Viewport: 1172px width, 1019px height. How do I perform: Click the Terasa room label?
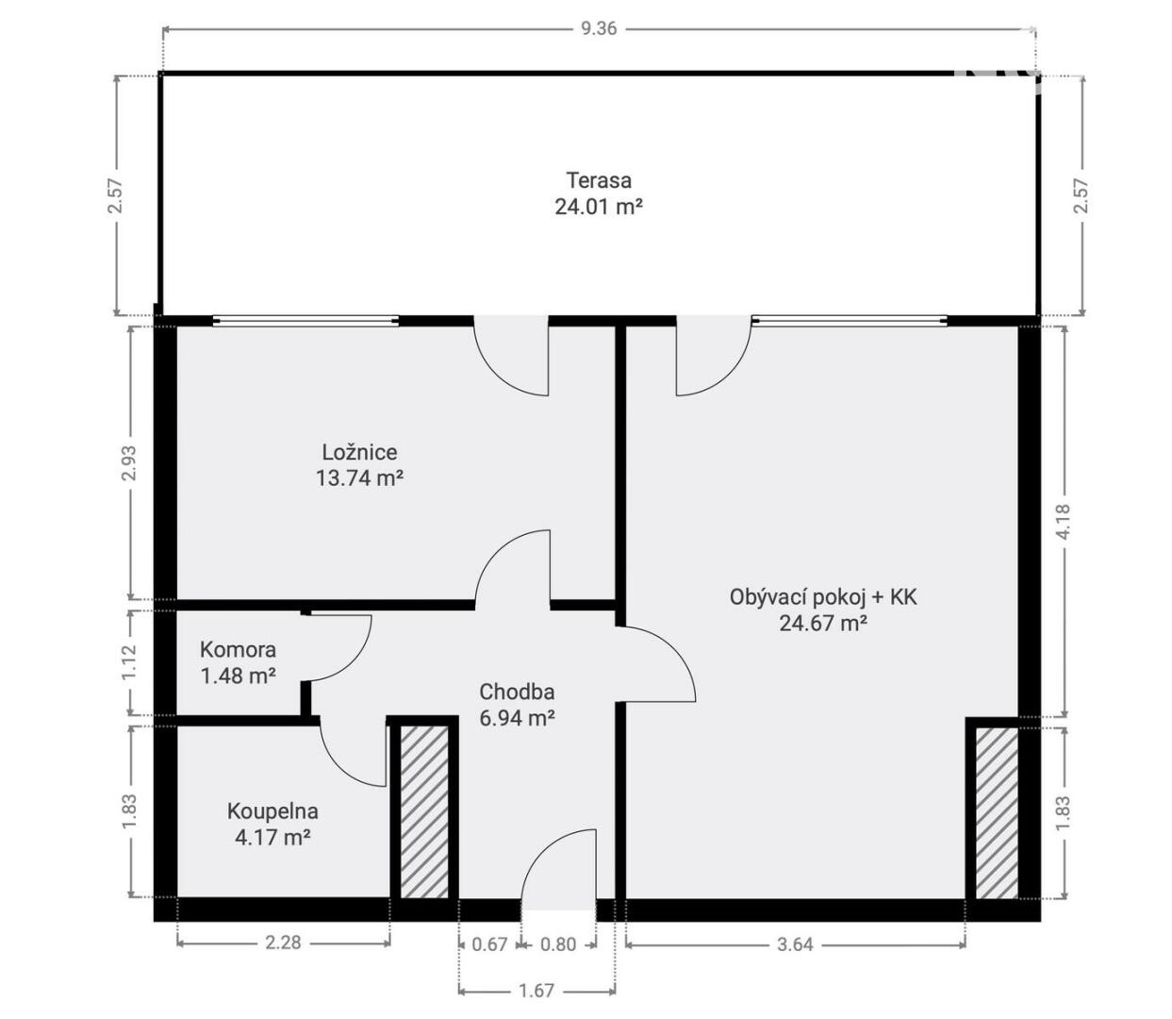[599, 180]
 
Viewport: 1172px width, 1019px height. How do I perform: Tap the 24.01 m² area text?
[598, 207]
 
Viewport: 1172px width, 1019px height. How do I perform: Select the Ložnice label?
[359, 452]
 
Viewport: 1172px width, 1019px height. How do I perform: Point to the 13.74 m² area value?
[360, 477]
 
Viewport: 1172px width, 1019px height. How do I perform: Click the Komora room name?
[238, 649]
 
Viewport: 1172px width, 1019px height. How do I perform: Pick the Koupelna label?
[272, 811]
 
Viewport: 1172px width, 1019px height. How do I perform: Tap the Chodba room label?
[517, 692]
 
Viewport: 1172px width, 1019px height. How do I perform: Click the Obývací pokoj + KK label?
[823, 597]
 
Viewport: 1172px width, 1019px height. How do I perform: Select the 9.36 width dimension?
[599, 28]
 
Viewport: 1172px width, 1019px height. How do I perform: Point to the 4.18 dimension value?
[1064, 521]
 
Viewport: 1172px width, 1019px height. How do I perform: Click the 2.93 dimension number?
[129, 463]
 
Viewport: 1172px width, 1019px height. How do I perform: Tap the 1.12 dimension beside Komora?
[129, 662]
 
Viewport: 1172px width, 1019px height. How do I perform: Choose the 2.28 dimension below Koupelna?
[283, 943]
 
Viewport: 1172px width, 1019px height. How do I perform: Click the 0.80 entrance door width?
[558, 944]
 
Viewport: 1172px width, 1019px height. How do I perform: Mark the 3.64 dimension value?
[795, 944]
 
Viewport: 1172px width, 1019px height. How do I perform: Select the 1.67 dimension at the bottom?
[536, 990]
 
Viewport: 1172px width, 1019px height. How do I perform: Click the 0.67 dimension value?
[489, 944]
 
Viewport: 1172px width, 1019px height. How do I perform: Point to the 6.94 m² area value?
[517, 717]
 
